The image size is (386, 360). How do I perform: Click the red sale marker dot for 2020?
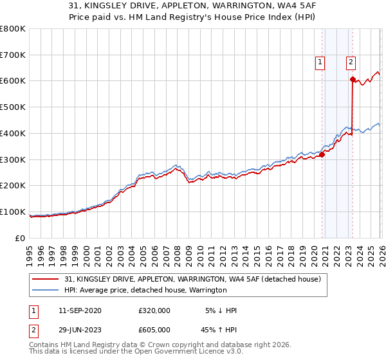point(322,154)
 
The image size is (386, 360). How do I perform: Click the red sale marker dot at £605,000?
point(353,79)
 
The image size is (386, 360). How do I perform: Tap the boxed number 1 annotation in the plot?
point(320,62)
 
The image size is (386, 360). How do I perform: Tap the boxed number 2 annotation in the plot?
point(351,62)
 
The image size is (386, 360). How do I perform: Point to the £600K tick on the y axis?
point(13,81)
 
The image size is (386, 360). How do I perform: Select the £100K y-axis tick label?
point(13,212)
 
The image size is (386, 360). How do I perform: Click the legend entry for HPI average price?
point(145,291)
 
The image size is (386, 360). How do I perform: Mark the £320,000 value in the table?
point(154,310)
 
